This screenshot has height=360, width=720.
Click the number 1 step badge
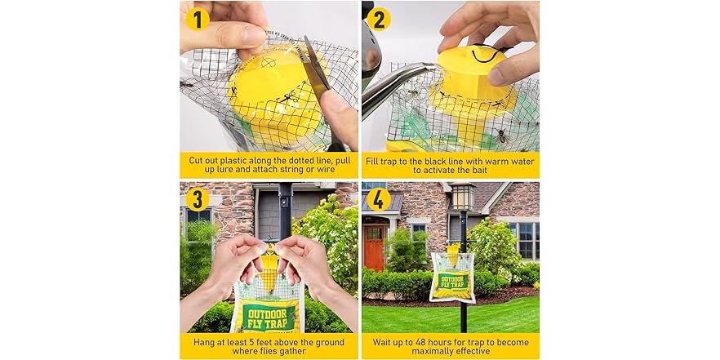[198, 18]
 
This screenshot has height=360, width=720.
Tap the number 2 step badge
[379, 18]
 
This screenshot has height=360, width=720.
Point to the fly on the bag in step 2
[500, 136]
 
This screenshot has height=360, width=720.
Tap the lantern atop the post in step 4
[461, 197]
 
